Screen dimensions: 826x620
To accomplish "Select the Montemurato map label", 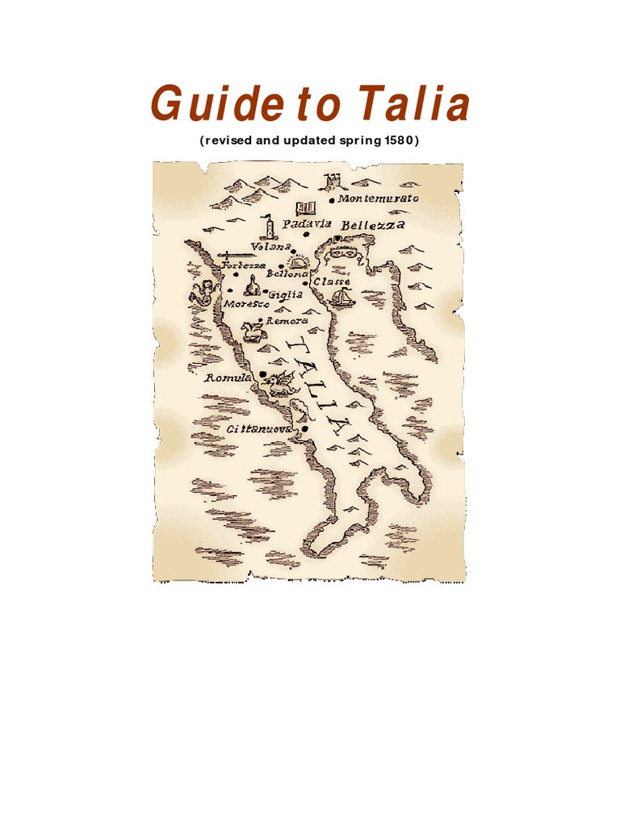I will point(379,198).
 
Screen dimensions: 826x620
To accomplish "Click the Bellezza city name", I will point(372,225).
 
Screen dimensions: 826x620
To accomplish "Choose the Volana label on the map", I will point(270,246).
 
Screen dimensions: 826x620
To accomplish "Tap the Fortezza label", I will point(243,266).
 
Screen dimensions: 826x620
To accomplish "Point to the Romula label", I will point(228,378).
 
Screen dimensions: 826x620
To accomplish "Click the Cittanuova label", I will point(258,429).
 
